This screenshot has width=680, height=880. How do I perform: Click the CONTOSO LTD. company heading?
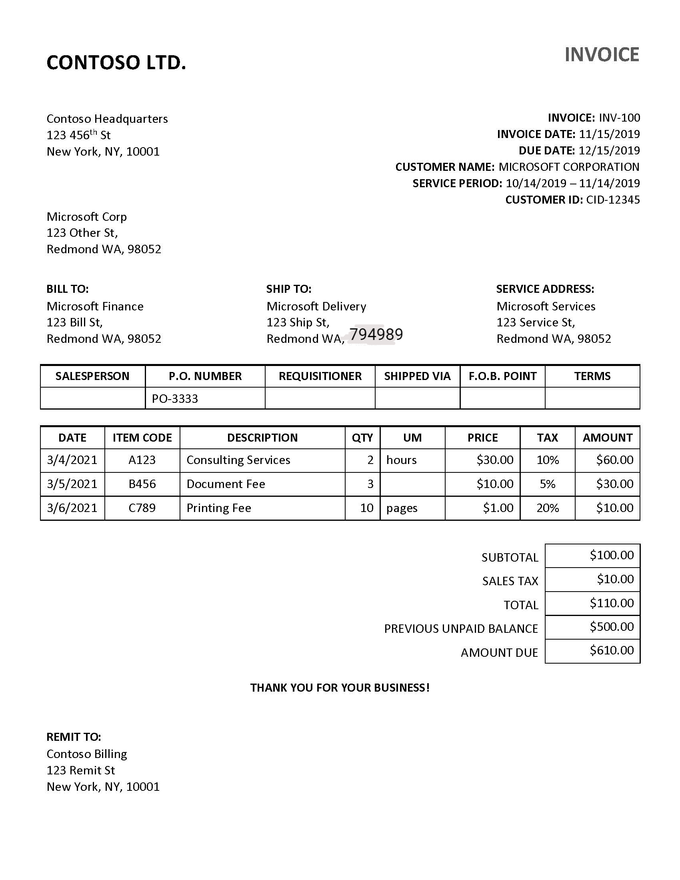coord(116,63)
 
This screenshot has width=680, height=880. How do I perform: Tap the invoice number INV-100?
coord(619,118)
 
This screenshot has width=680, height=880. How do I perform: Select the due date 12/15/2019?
coord(609,150)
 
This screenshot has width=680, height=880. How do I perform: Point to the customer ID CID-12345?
coord(613,200)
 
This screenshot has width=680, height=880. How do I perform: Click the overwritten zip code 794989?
coord(376,334)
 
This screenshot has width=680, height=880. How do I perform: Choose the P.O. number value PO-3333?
coord(175,398)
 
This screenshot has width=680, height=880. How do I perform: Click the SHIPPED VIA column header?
coord(417,376)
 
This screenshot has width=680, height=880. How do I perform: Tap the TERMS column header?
coord(592,376)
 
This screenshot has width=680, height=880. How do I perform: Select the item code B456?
coord(142,484)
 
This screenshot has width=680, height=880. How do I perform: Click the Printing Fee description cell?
coord(219,508)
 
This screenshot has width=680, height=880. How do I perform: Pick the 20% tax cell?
coord(547,508)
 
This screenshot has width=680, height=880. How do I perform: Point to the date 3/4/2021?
coord(72,460)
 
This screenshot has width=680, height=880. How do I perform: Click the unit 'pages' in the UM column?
coord(402,508)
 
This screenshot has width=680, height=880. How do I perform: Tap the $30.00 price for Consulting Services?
coord(495,460)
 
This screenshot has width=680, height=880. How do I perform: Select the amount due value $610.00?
coord(612,650)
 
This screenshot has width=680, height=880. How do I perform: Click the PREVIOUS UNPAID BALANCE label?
coord(461,628)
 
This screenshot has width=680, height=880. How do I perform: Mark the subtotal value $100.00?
coord(612,555)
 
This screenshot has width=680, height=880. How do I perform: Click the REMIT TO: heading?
coord(74,736)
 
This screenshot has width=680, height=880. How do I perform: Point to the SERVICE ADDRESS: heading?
coord(545,289)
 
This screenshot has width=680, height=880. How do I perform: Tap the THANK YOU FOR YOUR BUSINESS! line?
coord(340,687)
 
